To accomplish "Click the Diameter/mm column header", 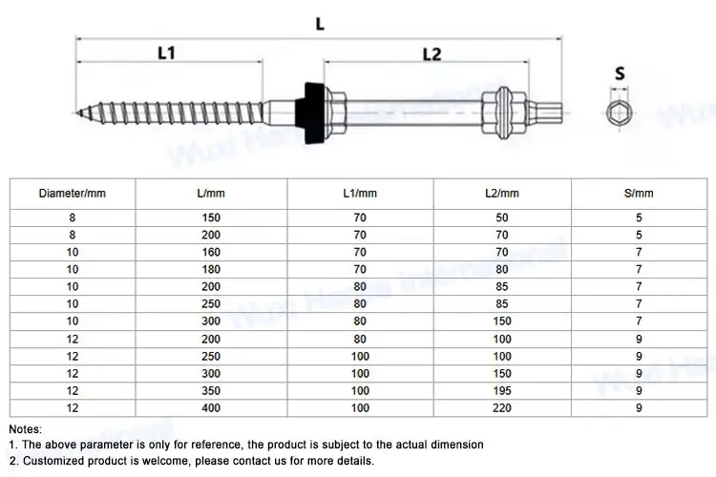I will click(x=73, y=194).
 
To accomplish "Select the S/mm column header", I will click(x=639, y=194).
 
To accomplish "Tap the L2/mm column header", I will click(x=502, y=194).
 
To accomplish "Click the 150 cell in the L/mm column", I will click(x=211, y=218).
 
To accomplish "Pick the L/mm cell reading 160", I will click(x=211, y=252).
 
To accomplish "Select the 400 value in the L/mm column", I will click(x=211, y=408).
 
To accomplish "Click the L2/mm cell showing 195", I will click(x=502, y=391).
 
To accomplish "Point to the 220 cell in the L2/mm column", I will click(x=502, y=408).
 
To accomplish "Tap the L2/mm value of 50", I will click(x=502, y=218).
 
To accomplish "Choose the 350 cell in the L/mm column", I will click(x=211, y=391).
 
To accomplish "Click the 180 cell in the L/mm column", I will click(x=211, y=269).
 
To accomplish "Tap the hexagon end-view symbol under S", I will click(x=619, y=113).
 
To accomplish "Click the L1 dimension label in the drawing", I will click(x=166, y=53).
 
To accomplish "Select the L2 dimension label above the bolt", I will click(x=432, y=54).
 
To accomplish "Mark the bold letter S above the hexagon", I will click(x=620, y=73).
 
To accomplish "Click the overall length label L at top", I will click(x=320, y=24).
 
